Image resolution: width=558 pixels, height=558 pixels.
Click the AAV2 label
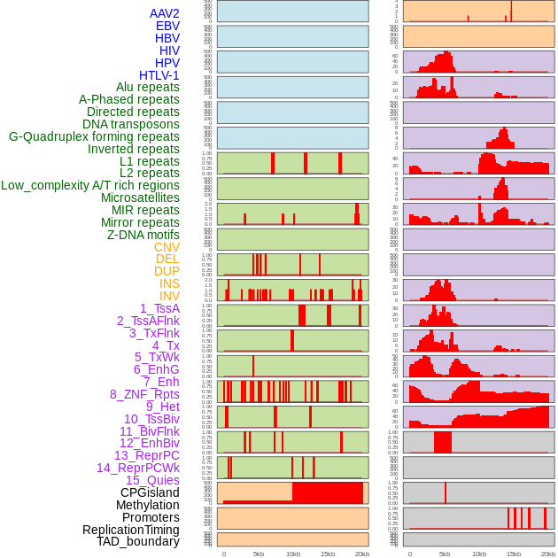tap(165, 13)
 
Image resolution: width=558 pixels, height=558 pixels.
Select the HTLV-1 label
tap(159, 75)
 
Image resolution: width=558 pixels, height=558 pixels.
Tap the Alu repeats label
tap(148, 88)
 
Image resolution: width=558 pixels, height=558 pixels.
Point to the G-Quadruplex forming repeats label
tap(94, 136)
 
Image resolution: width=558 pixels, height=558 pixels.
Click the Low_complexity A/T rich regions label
tap(90, 185)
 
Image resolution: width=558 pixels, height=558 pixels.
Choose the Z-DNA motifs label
tap(143, 235)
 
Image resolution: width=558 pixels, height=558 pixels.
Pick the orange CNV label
tap(167, 247)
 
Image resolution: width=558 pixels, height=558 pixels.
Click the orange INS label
tap(169, 283)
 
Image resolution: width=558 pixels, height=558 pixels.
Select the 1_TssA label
tap(159, 308)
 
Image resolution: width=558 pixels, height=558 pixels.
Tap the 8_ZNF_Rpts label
tap(144, 394)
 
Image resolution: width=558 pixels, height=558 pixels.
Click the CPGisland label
tap(150, 492)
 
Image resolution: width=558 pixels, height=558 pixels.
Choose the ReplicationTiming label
tap(131, 530)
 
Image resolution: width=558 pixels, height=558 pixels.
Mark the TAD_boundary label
tap(138, 541)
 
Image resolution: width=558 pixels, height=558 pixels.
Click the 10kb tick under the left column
tap(292, 554)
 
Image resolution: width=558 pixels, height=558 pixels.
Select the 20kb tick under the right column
tap(548, 554)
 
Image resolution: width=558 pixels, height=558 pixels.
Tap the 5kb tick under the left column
tap(259, 554)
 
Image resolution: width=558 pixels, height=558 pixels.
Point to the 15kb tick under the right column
tap(514, 554)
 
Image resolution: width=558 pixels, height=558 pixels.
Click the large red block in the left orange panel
tap(328, 492)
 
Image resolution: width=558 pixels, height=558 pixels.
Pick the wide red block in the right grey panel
tap(443, 442)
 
